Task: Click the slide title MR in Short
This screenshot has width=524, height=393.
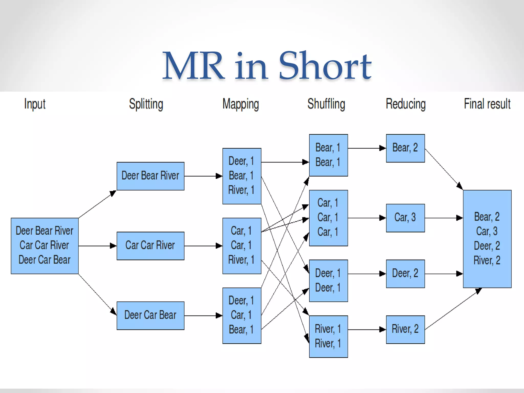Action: point(267,66)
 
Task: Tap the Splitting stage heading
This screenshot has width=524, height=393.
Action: point(146,104)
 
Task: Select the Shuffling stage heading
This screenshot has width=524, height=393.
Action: point(326,104)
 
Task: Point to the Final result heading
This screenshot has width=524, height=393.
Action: point(487,104)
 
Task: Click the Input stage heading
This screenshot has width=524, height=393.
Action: point(35,104)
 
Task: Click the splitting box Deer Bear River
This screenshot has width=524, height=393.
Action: point(150,176)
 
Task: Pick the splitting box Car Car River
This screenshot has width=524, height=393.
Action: point(150,246)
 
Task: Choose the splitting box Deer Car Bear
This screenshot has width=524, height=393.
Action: point(150,315)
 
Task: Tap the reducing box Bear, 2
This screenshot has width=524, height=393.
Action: point(405,148)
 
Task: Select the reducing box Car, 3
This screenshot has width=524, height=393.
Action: point(405,218)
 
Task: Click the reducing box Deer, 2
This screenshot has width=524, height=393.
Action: point(405,274)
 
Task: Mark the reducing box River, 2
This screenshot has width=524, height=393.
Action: point(405,330)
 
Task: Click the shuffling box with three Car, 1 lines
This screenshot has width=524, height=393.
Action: point(328,218)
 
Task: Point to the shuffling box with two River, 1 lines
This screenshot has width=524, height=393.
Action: point(328,336)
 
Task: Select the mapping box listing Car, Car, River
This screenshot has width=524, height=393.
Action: point(242,246)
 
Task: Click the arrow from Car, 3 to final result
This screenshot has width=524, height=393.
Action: point(444,218)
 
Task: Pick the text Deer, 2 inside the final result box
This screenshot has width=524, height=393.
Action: point(487,246)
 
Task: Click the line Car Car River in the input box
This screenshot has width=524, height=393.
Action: point(44,245)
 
